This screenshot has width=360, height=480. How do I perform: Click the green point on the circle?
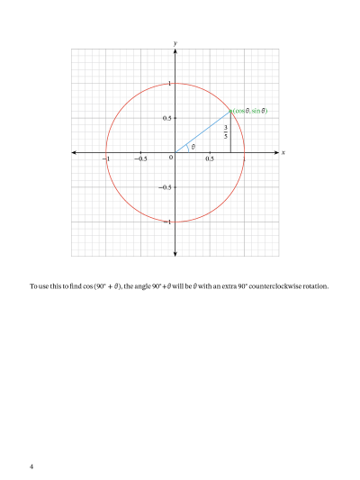point(230,111)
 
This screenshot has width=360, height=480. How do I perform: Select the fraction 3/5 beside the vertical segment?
point(225,131)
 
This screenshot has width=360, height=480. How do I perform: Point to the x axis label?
point(283,153)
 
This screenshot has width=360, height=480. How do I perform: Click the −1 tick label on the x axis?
point(105,159)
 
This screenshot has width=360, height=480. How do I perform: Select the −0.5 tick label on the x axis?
point(139,159)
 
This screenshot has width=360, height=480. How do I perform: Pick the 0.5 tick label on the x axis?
point(210,159)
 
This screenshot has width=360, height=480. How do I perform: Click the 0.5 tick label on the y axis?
point(166,119)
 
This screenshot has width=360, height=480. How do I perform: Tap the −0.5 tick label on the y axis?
point(165,187)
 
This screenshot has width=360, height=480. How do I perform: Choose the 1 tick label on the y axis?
point(169,85)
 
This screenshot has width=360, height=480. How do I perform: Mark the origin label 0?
point(170,158)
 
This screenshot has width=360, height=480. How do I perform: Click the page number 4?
point(31,466)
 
